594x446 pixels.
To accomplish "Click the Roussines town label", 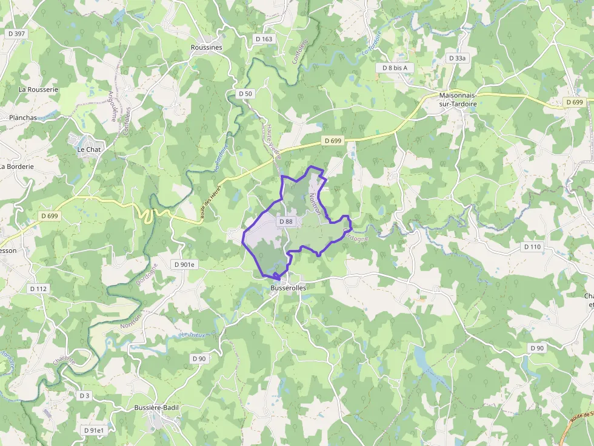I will coord(206,47).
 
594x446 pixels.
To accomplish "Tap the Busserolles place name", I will coord(288,288).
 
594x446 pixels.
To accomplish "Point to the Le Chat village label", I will coord(89,149).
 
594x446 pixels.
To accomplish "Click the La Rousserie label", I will coord(38,89).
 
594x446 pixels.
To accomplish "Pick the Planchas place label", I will coord(23,118).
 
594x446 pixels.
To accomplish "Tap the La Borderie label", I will coord(17,166).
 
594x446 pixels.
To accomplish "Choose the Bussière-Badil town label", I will coord(156,408).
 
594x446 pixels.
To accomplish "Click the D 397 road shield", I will coord(17,34).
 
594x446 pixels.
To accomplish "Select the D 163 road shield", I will coord(264,39).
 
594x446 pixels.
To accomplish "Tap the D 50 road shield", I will coord(245,94).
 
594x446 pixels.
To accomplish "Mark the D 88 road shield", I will coord(285,221).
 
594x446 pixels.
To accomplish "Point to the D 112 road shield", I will coord(38,289).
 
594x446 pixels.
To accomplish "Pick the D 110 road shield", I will coord(532,247).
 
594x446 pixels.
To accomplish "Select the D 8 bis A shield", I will coord(395,68).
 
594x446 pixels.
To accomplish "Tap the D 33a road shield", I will coord(458,58).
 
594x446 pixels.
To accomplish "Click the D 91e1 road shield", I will coord(94,430).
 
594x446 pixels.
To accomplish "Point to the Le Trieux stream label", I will coord(193,335).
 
